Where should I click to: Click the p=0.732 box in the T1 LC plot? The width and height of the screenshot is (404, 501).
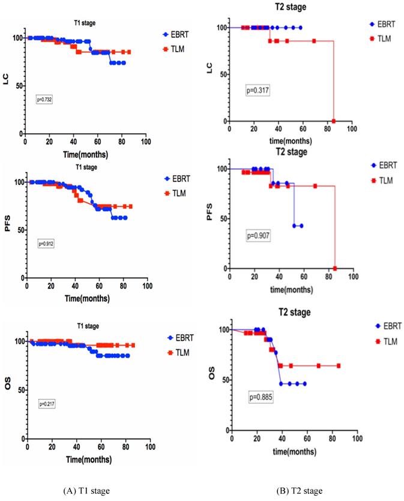[x=46, y=100]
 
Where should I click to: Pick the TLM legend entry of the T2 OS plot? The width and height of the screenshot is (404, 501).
[x=388, y=341]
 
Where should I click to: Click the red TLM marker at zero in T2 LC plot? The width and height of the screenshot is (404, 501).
[x=333, y=121]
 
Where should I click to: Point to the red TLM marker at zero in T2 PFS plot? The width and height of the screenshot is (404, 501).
[x=335, y=268]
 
